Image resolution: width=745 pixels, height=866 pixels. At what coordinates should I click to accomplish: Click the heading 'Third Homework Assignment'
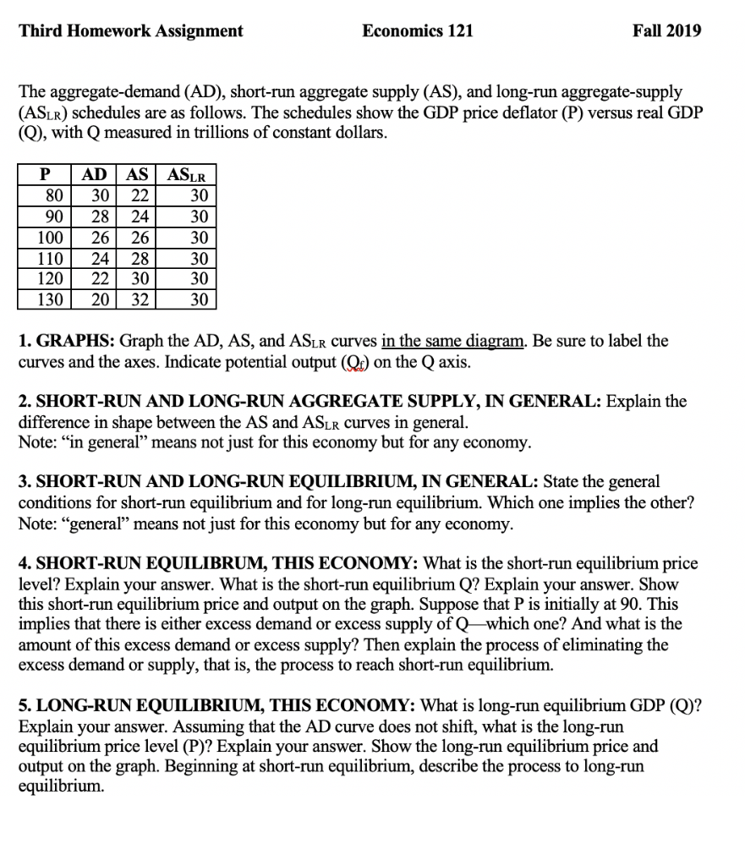coord(131,31)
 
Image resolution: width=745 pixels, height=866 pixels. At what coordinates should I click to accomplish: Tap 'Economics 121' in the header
coord(418,31)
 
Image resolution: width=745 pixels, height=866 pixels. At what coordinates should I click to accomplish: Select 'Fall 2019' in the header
coord(666,31)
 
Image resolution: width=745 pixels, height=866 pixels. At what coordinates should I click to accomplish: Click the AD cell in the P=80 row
coord(99,195)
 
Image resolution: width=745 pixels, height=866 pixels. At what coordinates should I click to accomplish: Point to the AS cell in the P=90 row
coord(136,216)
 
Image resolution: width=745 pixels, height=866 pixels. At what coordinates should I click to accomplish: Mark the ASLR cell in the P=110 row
coord(200,258)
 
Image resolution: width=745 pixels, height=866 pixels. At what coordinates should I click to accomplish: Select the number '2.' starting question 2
coord(25,401)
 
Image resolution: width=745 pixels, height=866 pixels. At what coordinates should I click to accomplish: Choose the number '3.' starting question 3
coord(25,482)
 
